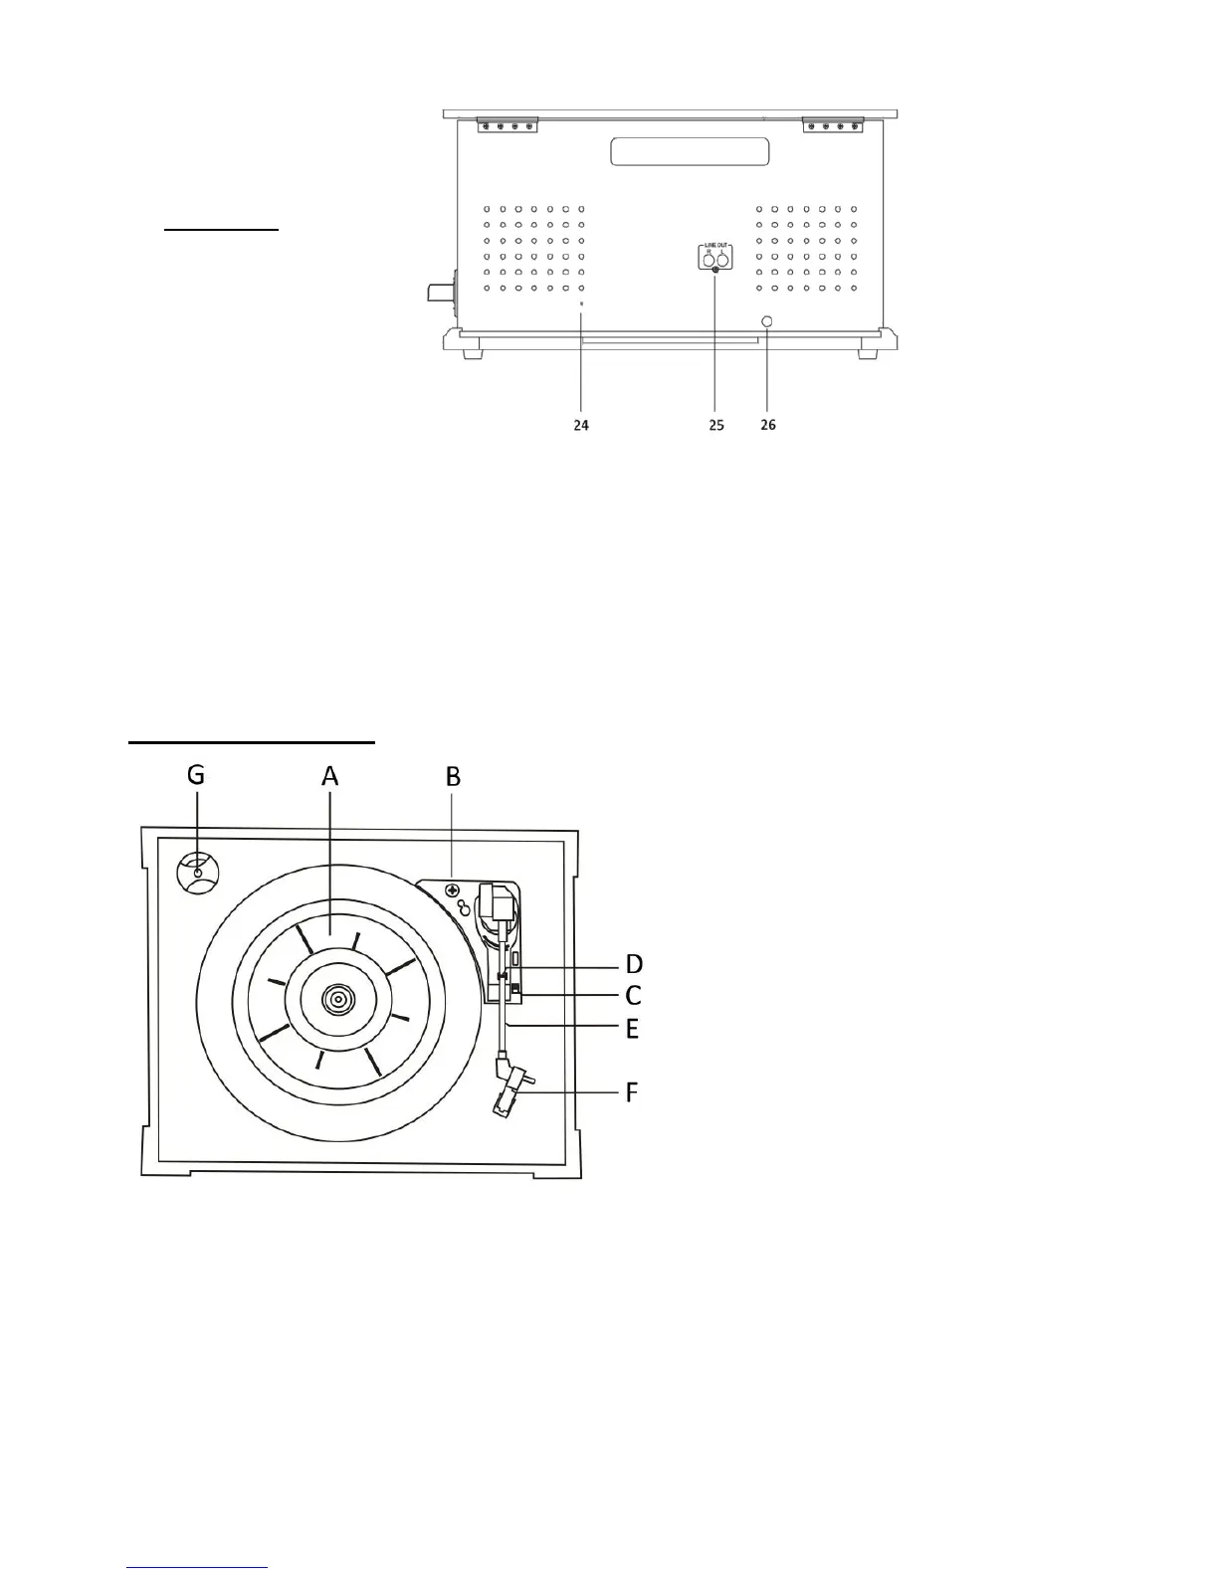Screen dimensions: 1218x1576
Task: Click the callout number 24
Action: (x=581, y=425)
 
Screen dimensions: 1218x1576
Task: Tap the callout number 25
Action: (x=716, y=425)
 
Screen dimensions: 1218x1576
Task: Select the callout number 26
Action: (x=768, y=425)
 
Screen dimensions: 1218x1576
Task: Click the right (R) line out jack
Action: (x=708, y=262)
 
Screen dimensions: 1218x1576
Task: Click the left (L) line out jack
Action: (x=723, y=262)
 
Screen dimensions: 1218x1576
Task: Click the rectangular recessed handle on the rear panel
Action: (x=690, y=151)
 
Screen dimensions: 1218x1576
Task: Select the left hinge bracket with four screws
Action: (x=507, y=124)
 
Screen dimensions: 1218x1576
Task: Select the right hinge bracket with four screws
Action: (x=833, y=124)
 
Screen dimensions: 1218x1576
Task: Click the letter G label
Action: (x=196, y=775)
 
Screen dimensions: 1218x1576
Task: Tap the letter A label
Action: (x=330, y=775)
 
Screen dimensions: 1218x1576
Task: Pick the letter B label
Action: (x=453, y=775)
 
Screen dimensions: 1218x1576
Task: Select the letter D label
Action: (x=633, y=964)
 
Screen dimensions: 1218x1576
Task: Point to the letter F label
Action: (x=632, y=1092)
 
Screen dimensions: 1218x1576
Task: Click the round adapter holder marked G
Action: (x=198, y=874)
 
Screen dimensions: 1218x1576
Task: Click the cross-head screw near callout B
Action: (x=452, y=890)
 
